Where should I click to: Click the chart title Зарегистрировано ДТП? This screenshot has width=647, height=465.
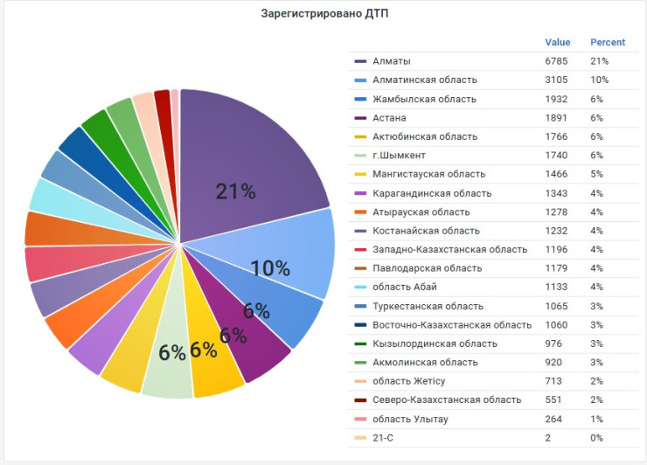[323, 14]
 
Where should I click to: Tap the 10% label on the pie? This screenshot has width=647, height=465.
[270, 268]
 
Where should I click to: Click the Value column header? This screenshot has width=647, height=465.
[557, 42]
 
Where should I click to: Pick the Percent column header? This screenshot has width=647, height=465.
[608, 42]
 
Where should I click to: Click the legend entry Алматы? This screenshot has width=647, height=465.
[391, 61]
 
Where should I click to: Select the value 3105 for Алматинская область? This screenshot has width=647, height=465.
[556, 80]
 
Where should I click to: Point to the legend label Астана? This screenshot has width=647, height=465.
[389, 118]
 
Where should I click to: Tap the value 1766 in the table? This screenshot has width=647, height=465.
[556, 136]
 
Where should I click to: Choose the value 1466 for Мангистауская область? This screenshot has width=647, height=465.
[556, 174]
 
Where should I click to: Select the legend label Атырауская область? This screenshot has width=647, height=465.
[421, 212]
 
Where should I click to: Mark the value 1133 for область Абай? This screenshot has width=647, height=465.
[556, 288]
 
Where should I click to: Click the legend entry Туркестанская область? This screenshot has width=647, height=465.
[428, 306]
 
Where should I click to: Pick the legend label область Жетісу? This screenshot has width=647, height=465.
[408, 381]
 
